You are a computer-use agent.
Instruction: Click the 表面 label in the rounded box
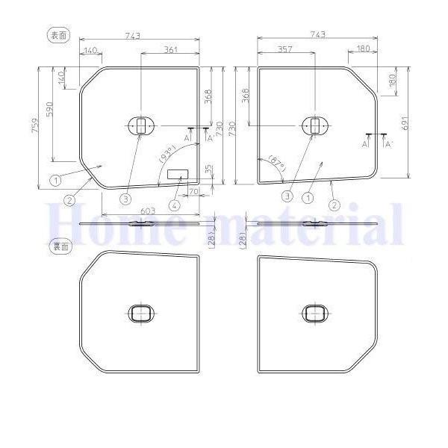pyautogui.click(x=58, y=35)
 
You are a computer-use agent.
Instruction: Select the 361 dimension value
pyautogui.click(x=170, y=49)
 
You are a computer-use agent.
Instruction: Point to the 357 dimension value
pyautogui.click(x=285, y=49)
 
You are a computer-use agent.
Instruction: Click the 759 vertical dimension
pyautogui.click(x=35, y=125)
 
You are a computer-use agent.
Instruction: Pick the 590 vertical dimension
pyautogui.click(x=49, y=109)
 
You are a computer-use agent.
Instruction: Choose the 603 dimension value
pyautogui.click(x=148, y=211)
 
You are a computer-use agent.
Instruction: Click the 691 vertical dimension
pyautogui.click(x=405, y=123)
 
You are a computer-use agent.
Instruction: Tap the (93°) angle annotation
pyautogui.click(x=167, y=154)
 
